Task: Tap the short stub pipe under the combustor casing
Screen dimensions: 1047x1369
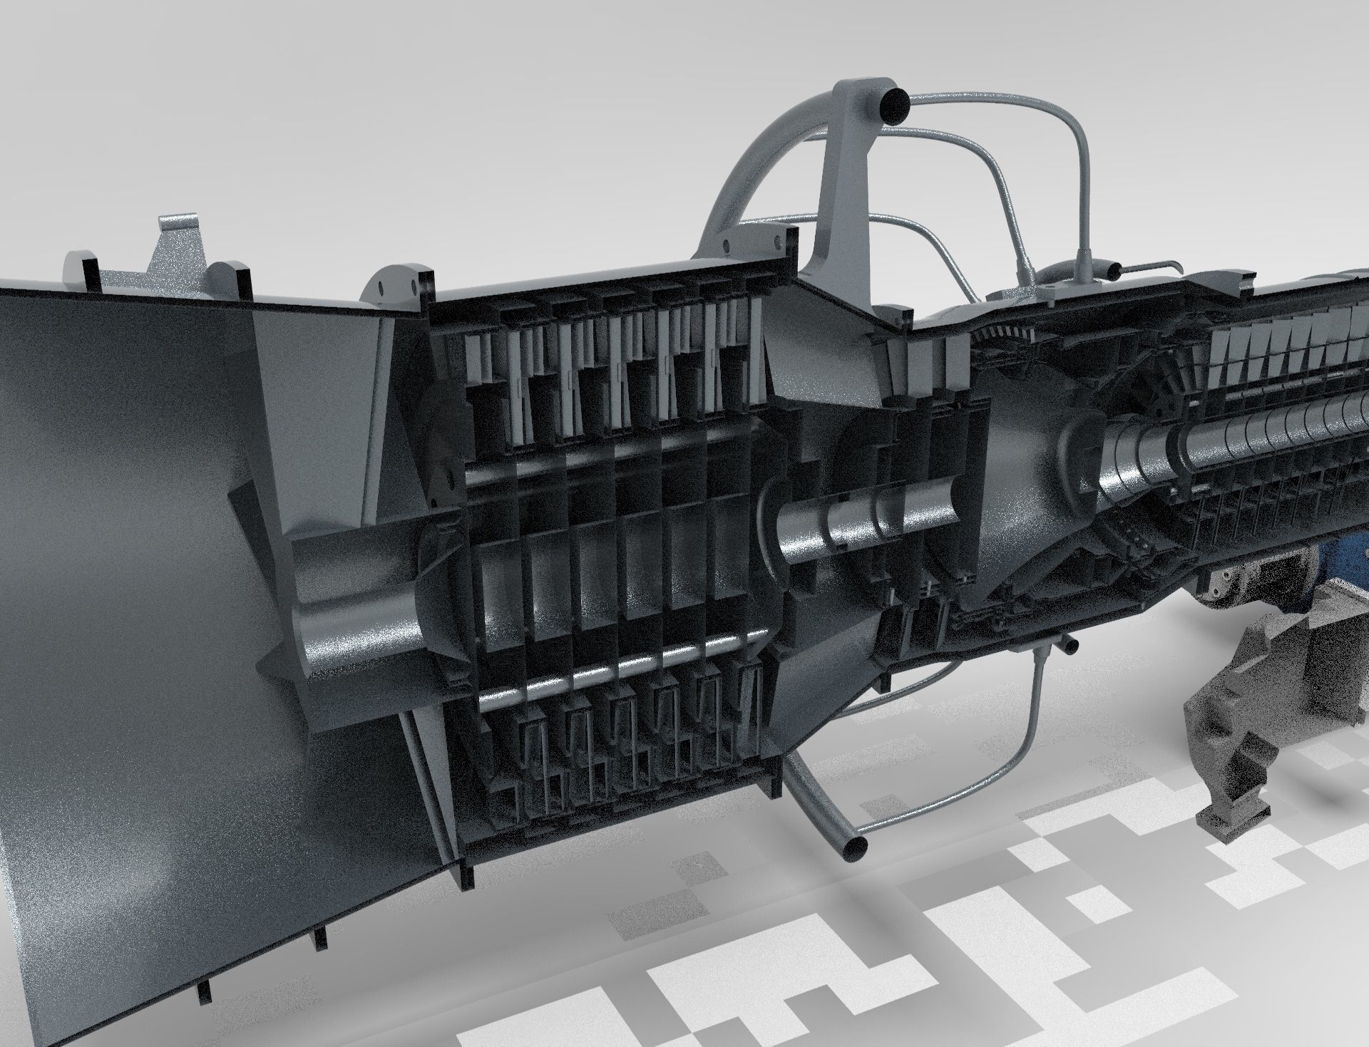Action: [x=1070, y=644]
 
